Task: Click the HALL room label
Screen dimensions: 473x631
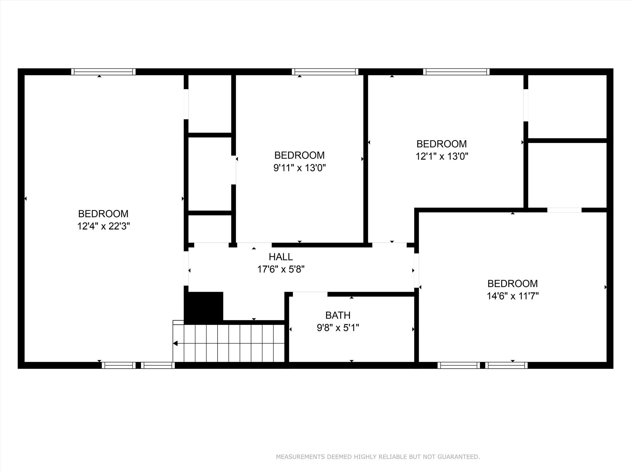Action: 281,257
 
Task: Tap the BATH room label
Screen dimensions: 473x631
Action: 338,315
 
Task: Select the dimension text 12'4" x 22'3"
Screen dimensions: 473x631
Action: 104,226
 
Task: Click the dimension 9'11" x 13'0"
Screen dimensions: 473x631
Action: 299,168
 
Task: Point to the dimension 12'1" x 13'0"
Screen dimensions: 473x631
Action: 442,156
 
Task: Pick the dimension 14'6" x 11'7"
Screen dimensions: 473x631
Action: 513,296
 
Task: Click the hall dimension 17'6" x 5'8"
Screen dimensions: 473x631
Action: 281,269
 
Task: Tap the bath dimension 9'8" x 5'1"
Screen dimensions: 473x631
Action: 338,328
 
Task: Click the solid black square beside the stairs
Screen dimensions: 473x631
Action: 204,307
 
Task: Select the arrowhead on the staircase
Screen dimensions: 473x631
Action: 175,343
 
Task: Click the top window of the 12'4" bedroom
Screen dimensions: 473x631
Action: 103,72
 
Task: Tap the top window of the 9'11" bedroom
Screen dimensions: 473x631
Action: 325,72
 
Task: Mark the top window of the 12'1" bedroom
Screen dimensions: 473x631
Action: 456,72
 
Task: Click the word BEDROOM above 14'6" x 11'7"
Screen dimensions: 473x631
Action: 513,283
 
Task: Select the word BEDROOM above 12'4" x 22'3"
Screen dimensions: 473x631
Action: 103,214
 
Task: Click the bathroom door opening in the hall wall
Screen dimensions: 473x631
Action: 310,294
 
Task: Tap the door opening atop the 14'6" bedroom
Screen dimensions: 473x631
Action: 564,210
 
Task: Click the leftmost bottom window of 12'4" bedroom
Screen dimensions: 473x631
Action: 119,365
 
